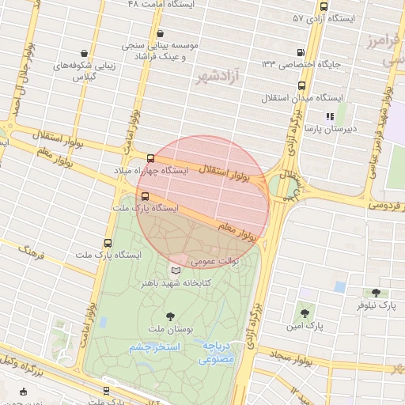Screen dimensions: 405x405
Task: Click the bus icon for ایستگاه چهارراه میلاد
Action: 150,158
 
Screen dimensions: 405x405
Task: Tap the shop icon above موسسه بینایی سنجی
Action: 161,33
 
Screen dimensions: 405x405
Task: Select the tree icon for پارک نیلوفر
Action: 375,292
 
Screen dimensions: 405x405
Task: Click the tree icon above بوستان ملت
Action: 171,316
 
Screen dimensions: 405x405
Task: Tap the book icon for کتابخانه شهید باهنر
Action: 176,271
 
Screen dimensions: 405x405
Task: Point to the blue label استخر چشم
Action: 155,347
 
